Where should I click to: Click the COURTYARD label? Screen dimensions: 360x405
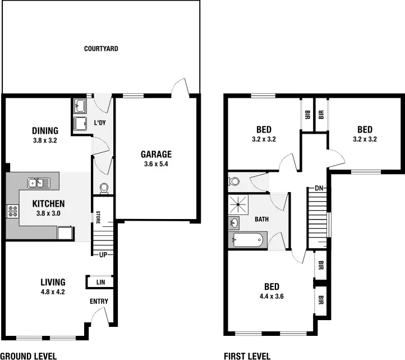tap(101, 49)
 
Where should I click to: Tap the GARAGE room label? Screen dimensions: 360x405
tap(156, 154)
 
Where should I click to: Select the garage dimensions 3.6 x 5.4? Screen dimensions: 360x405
tap(156, 165)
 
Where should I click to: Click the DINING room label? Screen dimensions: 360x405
tap(45, 131)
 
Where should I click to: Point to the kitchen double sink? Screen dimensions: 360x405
tap(39, 183)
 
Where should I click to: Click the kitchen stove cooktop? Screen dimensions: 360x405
tap(12, 212)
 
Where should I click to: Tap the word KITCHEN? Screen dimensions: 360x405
tap(48, 204)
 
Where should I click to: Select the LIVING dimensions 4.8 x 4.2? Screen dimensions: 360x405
tap(53, 292)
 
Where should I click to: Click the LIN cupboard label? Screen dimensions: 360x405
tap(101, 282)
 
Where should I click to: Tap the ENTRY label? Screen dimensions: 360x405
tap(99, 302)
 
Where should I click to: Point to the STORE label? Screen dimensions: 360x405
tap(98, 216)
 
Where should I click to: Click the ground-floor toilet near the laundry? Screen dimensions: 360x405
tap(103, 188)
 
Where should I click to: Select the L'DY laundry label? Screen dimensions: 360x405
tap(100, 122)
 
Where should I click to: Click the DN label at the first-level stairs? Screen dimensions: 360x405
tap(319, 188)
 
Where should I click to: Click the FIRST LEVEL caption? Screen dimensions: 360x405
tap(247, 356)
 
